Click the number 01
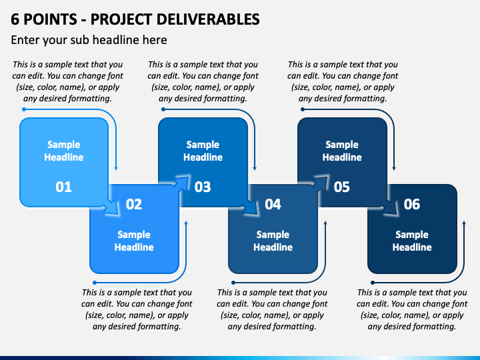click(64, 187)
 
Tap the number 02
click(134, 204)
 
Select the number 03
click(203, 187)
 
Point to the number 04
click(273, 204)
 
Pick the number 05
click(341, 187)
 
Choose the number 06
click(412, 204)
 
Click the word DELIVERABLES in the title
click(208, 19)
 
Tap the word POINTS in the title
click(50, 19)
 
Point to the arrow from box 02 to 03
click(182, 183)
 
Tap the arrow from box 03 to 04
click(249, 206)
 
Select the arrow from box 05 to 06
click(389, 206)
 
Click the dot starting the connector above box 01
click(24, 109)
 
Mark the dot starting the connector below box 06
click(373, 283)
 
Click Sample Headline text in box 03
click(203, 151)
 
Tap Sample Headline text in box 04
click(273, 241)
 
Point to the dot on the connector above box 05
click(303, 109)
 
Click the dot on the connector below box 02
click(95, 283)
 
